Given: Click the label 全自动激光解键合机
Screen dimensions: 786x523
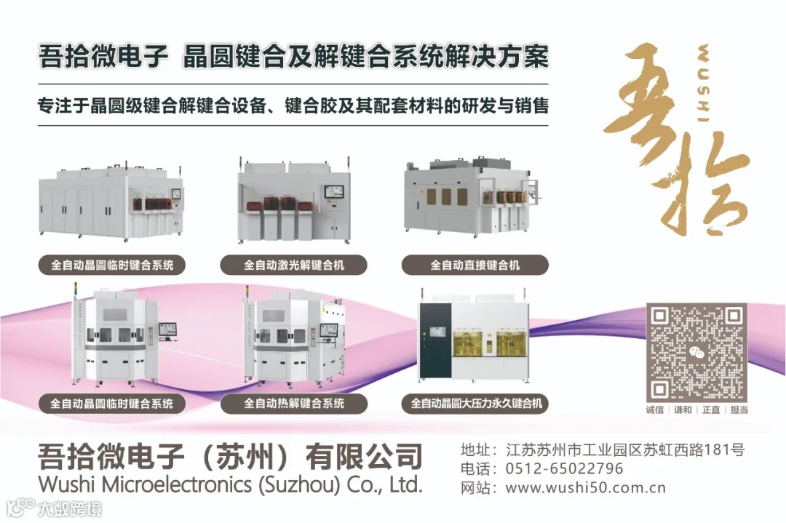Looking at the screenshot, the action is (x=294, y=265).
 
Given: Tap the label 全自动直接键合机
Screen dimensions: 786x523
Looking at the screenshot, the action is (x=475, y=265).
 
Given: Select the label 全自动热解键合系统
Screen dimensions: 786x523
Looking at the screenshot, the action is (x=294, y=403).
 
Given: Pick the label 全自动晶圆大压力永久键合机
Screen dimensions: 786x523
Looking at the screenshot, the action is (x=475, y=403).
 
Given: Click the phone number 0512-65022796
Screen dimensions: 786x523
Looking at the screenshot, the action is (x=564, y=468).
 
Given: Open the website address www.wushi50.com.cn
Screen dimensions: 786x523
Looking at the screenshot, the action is (x=585, y=487).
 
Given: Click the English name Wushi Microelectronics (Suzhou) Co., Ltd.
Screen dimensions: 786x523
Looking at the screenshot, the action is (x=230, y=484).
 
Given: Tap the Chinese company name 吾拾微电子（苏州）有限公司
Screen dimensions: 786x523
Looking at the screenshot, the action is (x=230, y=457).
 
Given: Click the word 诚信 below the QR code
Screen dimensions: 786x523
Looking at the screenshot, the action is (x=654, y=410).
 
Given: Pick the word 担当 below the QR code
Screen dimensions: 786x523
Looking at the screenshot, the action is (x=739, y=410).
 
